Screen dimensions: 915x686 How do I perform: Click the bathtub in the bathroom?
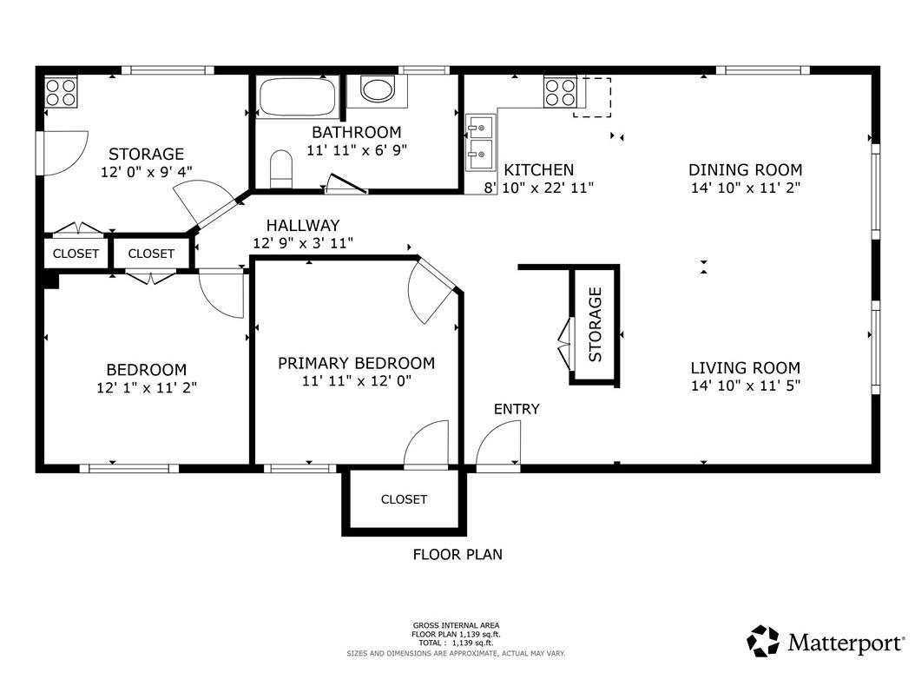[298, 96]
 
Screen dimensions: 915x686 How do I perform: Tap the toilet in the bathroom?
[281, 168]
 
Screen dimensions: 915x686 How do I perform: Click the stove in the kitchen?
[560, 92]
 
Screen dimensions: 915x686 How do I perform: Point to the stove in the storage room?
[62, 92]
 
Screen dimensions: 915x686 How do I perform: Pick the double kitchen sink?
[481, 142]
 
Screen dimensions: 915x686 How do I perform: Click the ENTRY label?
[517, 409]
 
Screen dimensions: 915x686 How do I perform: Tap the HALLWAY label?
[303, 226]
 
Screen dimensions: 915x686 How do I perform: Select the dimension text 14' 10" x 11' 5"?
[745, 386]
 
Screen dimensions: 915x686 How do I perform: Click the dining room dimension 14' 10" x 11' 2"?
[745, 188]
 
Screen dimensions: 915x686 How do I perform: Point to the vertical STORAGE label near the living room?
[595, 325]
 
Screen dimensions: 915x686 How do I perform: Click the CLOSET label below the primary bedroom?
[404, 499]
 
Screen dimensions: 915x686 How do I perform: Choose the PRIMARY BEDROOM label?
[356, 363]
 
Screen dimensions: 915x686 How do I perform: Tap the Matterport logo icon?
[763, 641]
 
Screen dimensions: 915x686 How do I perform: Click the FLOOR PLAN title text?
[457, 554]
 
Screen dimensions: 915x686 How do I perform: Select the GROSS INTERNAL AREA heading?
[456, 625]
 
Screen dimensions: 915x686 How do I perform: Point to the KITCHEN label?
[538, 170]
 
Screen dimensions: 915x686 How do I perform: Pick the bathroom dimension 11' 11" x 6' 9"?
[357, 150]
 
